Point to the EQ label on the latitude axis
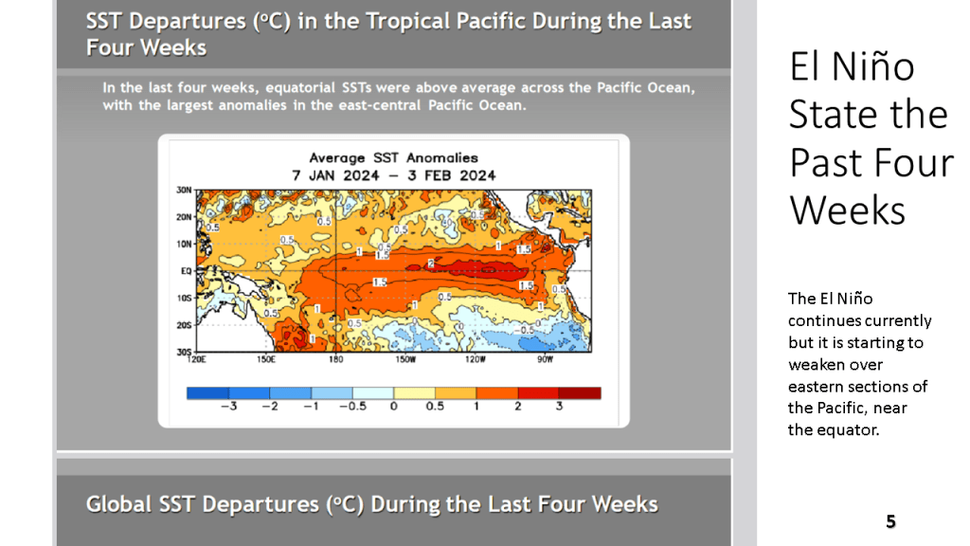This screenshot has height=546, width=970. pos(187,270)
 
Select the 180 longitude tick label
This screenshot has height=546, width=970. pos(335,360)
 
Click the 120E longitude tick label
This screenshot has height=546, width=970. pos(198,360)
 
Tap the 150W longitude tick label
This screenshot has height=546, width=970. pos(404,360)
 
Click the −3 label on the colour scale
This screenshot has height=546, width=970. pos(226,406)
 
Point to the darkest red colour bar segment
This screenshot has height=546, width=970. pos(580,392)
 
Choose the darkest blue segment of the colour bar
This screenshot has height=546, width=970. pos(207,392)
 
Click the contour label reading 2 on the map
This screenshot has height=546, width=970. pos(431,263)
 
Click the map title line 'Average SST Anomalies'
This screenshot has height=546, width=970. pos(393,158)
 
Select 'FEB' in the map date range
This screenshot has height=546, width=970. pos(447,175)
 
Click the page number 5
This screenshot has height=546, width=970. pos(890,521)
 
